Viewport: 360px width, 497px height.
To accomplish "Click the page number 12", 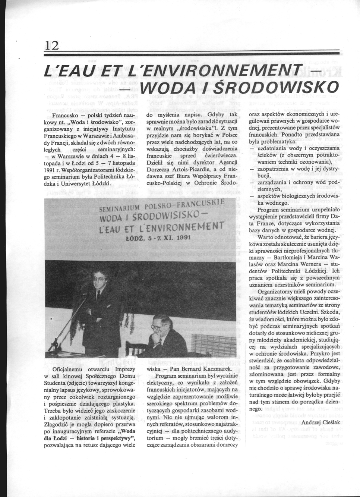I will pos(51,45).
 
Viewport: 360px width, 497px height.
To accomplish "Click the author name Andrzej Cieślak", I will pos(320,422).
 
